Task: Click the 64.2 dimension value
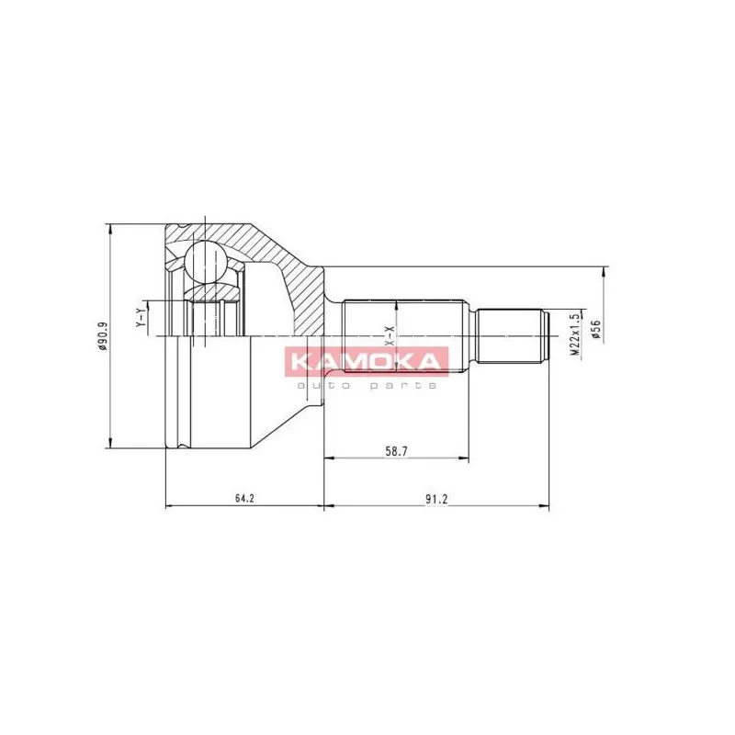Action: pyautogui.click(x=244, y=498)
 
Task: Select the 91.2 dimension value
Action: pyautogui.click(x=437, y=499)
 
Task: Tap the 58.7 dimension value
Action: pyautogui.click(x=396, y=451)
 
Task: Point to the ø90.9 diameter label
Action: pyautogui.click(x=102, y=336)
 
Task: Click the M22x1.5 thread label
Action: pyautogui.click(x=576, y=334)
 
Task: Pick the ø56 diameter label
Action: pyautogui.click(x=595, y=329)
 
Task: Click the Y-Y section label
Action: pyautogui.click(x=141, y=318)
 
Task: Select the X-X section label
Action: pyautogui.click(x=390, y=336)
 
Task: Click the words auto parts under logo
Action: pyautogui.click(x=367, y=385)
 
